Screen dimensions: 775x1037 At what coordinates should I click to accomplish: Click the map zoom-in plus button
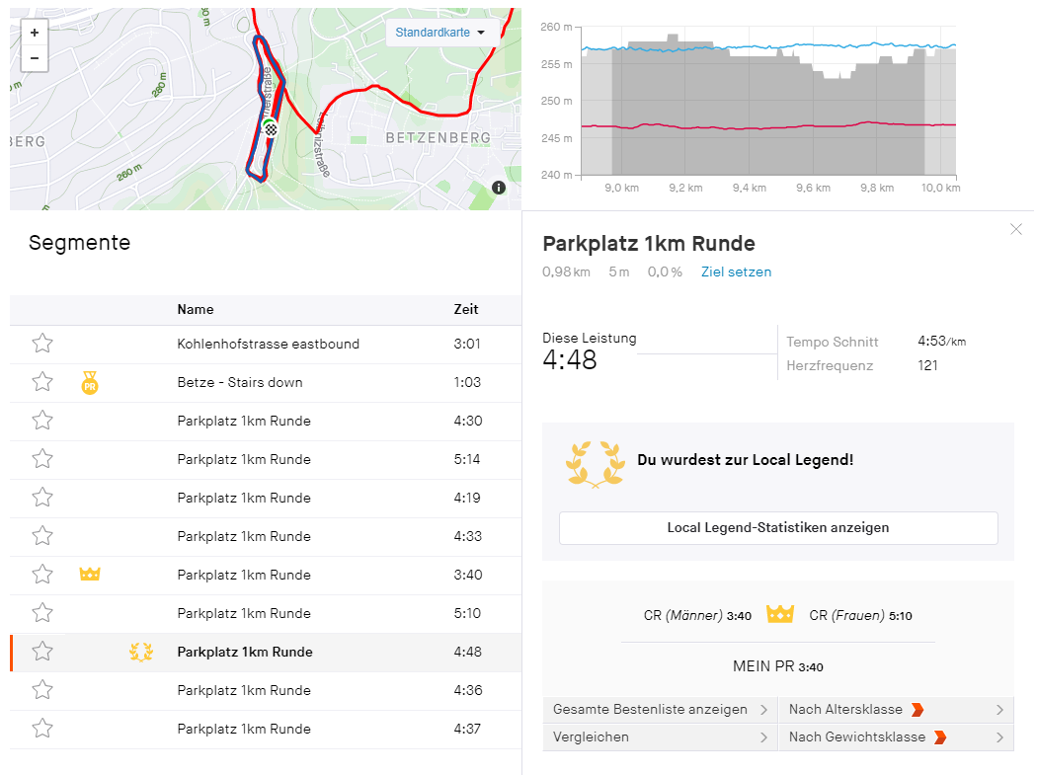click(x=35, y=33)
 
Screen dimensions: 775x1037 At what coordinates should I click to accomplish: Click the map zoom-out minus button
click(x=35, y=58)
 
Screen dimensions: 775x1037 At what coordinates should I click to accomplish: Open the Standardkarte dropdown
click(x=439, y=33)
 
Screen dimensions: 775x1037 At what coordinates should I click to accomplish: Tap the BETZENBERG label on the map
click(x=439, y=137)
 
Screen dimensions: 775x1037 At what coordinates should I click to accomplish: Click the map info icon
click(x=499, y=188)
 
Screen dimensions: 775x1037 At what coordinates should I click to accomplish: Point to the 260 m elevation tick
click(x=557, y=27)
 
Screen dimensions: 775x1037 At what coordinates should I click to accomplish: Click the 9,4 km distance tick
click(x=750, y=188)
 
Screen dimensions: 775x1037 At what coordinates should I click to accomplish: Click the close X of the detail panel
click(x=1016, y=229)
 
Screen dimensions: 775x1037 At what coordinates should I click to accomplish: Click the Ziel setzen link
click(x=736, y=271)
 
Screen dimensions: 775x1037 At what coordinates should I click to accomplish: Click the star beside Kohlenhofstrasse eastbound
click(x=42, y=344)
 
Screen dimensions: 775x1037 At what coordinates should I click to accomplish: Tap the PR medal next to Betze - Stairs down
click(x=90, y=383)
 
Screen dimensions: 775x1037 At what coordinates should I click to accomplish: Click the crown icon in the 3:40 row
click(x=90, y=574)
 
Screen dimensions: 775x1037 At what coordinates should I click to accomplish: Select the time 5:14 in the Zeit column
click(x=467, y=459)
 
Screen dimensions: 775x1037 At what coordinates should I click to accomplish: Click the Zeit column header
click(x=466, y=309)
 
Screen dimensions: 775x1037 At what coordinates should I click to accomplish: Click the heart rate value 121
click(x=927, y=365)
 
